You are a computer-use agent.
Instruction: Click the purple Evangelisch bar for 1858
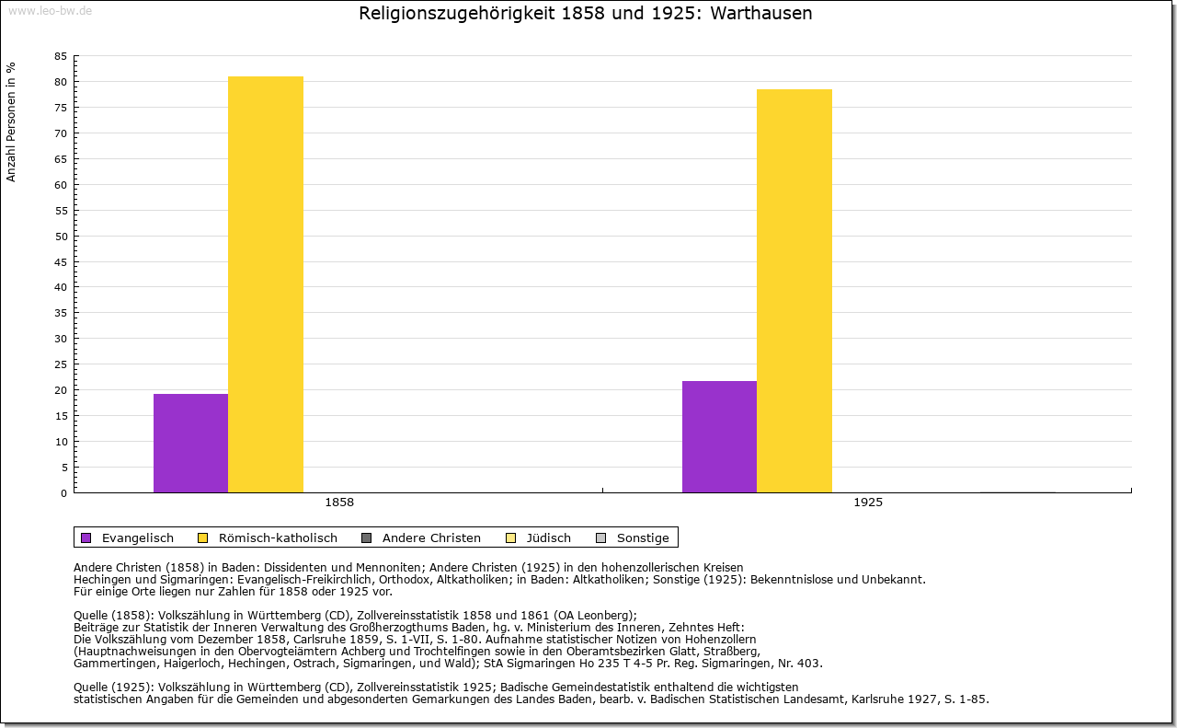tap(190, 443)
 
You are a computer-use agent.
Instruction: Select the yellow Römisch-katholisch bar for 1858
tap(266, 284)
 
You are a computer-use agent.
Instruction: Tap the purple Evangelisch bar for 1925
tap(719, 436)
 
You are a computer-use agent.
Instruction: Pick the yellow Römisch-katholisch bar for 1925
tap(794, 291)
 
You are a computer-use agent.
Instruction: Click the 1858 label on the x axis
tap(339, 503)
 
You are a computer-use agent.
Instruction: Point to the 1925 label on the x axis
tap(868, 503)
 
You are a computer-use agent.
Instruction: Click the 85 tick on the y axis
tap(61, 56)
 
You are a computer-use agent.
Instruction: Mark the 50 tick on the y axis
tap(61, 236)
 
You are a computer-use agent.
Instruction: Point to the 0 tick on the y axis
tap(63, 492)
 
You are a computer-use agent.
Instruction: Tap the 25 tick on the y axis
tap(61, 364)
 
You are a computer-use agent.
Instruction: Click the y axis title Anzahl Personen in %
tap(11, 121)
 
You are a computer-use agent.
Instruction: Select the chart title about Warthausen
tap(585, 14)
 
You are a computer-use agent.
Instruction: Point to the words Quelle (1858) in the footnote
tap(113, 616)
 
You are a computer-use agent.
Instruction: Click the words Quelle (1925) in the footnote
tap(113, 687)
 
